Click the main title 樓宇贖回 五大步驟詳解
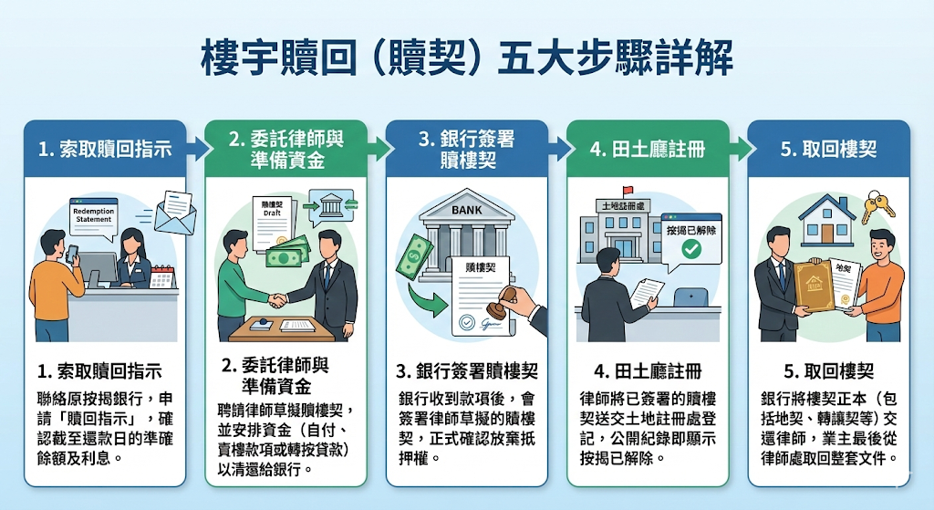point(466,59)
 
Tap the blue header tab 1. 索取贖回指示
point(105,149)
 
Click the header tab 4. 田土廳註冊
point(647,149)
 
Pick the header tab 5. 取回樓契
point(828,149)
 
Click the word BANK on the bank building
point(466,210)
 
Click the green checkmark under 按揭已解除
point(692,248)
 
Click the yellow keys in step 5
point(877,207)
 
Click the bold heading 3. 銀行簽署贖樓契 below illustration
point(466,371)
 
